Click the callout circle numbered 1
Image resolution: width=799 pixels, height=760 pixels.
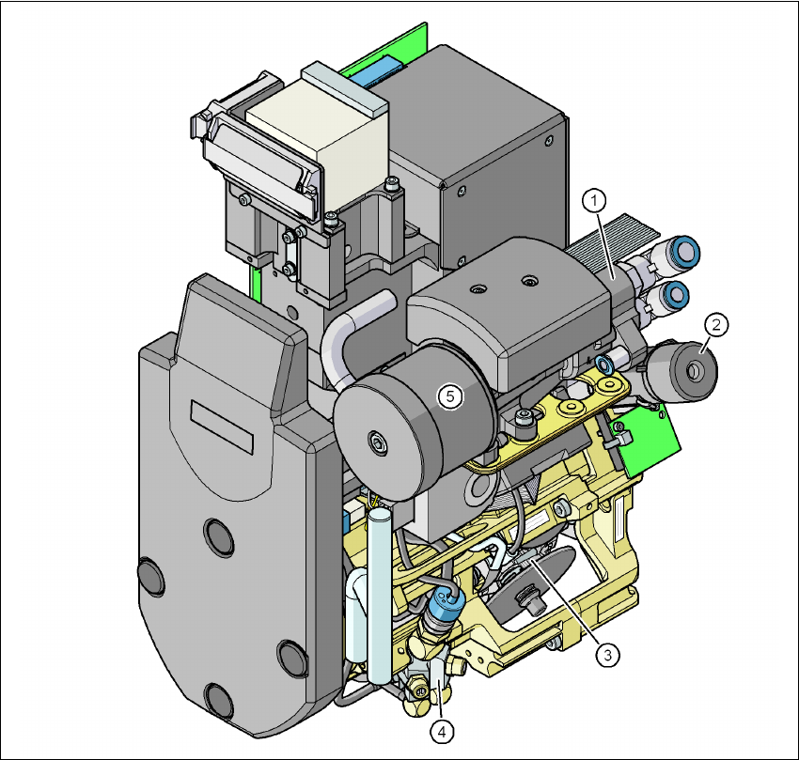[594, 201]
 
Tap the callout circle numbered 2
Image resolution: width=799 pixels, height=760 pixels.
[716, 324]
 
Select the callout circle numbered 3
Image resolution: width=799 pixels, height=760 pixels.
[607, 655]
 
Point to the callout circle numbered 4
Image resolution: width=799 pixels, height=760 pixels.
[441, 732]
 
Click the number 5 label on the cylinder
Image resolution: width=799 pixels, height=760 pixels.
[450, 396]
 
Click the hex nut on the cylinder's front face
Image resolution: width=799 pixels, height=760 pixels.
[377, 442]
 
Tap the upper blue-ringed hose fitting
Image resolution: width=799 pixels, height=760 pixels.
[684, 253]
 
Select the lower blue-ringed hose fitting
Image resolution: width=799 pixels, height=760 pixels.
[675, 294]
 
